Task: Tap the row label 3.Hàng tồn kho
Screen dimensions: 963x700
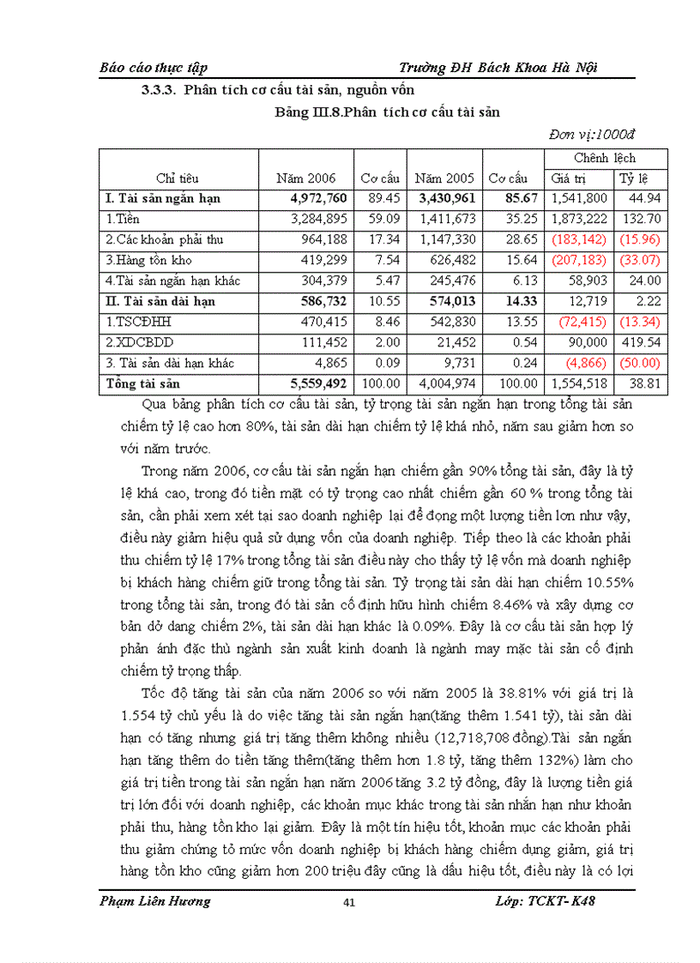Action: (x=148, y=260)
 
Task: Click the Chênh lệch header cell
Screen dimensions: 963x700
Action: (x=606, y=158)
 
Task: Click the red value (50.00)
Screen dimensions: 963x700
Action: (x=640, y=363)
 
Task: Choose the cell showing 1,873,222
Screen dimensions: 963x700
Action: (x=579, y=219)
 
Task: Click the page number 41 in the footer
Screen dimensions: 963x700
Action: (x=348, y=902)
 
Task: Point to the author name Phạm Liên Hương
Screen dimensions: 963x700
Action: (x=154, y=900)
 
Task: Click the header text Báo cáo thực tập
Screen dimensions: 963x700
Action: (x=154, y=67)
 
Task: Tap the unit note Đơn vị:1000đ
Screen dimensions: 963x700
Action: (x=592, y=134)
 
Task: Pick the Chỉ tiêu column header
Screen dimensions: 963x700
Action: (x=178, y=178)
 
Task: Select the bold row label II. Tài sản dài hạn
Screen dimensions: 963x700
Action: (x=160, y=301)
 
